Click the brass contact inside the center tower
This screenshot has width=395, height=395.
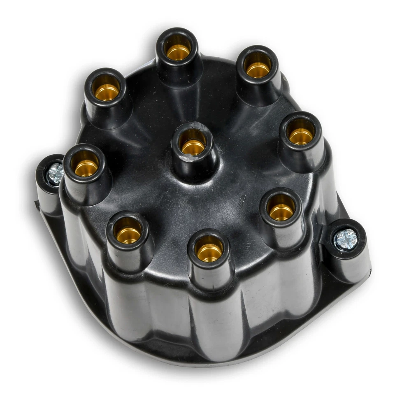(193, 146)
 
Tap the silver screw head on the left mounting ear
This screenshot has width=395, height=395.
(55, 174)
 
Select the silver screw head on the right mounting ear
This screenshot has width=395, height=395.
(346, 239)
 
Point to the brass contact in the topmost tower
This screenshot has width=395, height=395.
(178, 51)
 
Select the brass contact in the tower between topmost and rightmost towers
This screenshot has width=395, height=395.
(258, 70)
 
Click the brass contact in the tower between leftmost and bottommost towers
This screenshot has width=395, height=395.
(128, 235)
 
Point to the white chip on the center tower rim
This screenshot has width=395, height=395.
(188, 156)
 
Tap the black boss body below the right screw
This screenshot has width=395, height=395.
(350, 267)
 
